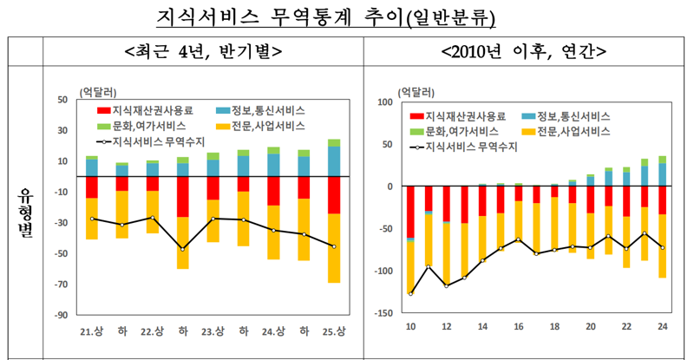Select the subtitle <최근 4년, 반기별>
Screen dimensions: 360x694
(202, 50)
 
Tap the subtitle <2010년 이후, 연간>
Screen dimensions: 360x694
(522, 50)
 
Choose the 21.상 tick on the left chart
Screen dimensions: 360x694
(91, 332)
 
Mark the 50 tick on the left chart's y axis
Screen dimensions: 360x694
(63, 100)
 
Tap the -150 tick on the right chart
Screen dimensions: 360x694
(385, 313)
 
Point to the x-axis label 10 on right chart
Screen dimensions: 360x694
(410, 326)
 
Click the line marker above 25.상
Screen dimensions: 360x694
(334, 246)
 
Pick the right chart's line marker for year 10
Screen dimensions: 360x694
(410, 294)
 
